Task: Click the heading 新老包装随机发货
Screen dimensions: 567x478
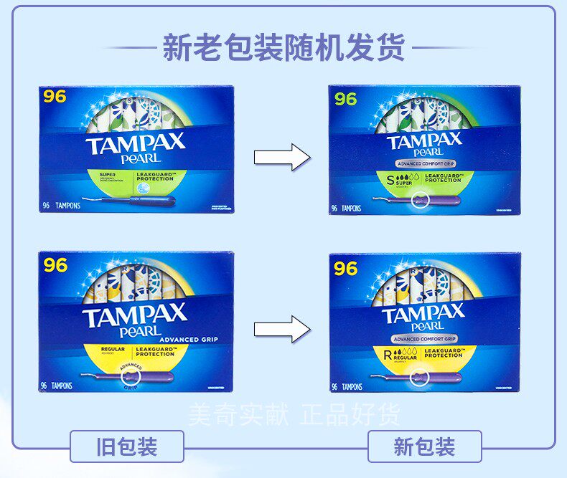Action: point(283,48)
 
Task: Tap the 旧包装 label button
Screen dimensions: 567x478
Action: point(126,447)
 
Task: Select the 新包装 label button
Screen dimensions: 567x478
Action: point(424,447)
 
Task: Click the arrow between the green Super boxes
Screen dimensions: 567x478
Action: point(282,157)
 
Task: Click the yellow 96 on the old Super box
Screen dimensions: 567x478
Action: point(55,97)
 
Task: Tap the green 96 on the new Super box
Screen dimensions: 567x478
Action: point(346,100)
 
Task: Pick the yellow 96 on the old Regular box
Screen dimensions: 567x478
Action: point(55,266)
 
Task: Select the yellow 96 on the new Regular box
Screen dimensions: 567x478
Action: point(346,268)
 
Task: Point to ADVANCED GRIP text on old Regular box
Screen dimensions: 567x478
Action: point(189,339)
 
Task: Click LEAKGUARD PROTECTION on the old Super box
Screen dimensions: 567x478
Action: point(155,176)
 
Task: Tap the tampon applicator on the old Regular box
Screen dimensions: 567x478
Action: point(129,376)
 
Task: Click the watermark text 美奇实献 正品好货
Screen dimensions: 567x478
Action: point(294,414)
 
